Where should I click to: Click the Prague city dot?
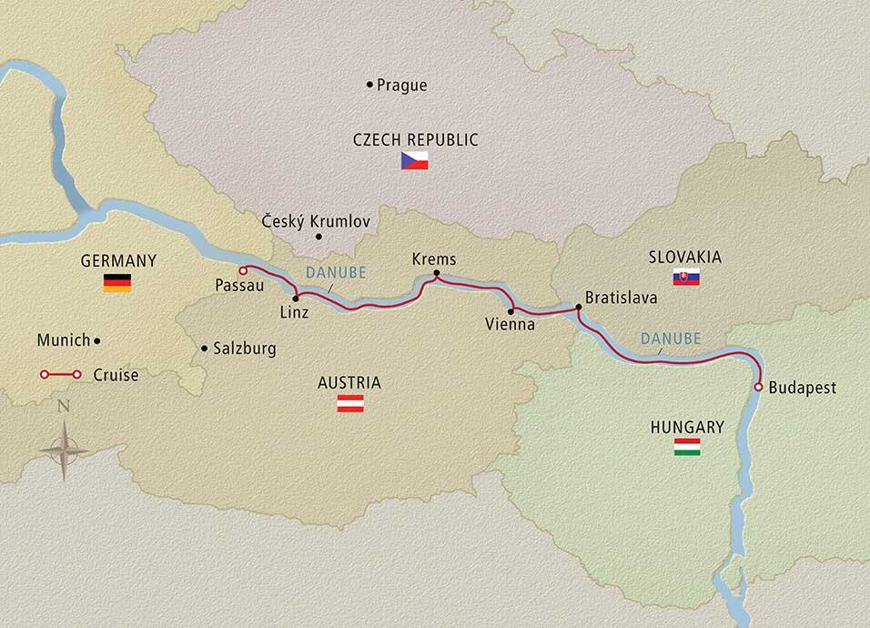click(369, 85)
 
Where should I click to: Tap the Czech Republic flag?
click(414, 162)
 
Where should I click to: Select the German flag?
click(116, 282)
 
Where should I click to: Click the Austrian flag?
click(350, 403)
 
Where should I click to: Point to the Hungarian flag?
click(687, 447)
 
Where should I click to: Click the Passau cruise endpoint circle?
click(242, 270)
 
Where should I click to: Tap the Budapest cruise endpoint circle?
click(757, 388)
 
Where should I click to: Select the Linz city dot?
click(296, 298)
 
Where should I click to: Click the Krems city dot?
click(436, 273)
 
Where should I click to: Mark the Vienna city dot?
click(511, 311)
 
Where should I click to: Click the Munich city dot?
click(97, 340)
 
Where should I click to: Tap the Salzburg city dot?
click(204, 348)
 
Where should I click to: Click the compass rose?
click(64, 449)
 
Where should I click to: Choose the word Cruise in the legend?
click(116, 374)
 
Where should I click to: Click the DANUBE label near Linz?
click(336, 272)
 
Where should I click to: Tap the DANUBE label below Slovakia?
click(670, 338)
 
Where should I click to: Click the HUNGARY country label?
click(687, 426)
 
